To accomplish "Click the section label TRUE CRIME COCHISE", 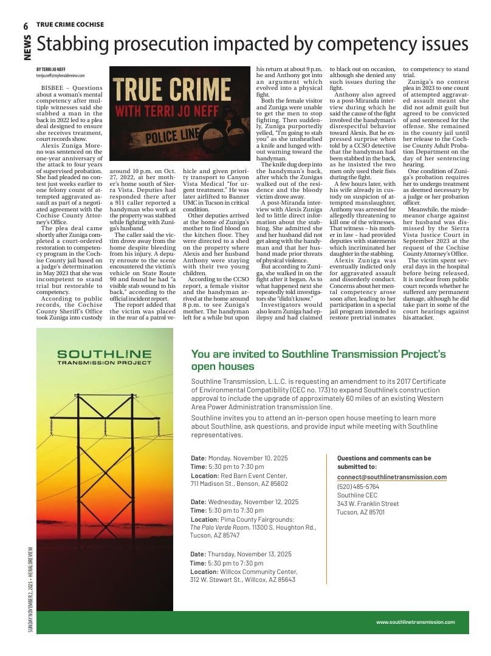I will click(70, 25).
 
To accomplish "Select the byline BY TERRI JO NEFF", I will click(50, 70).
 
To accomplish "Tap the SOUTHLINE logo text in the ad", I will click(104, 354).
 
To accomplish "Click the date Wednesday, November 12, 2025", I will click(253, 502).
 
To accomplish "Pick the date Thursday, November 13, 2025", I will click(249, 554).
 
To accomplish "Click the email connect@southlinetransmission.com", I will click(392, 477).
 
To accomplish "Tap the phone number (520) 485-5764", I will click(358, 487).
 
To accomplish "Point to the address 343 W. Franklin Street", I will click(368, 504).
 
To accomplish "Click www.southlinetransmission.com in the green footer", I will click(415, 621).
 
